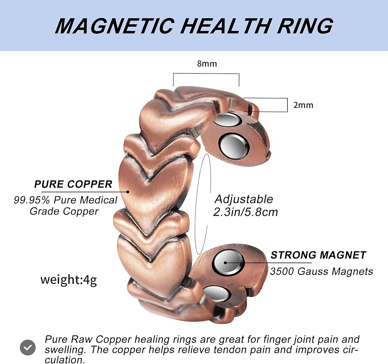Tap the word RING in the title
coord(305,26)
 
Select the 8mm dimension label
coord(207,64)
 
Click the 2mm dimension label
coord(303,105)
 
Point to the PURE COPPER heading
coord(73,184)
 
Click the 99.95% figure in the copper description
coord(32,200)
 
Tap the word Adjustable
coord(244,199)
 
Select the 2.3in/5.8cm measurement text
coord(246,212)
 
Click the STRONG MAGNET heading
coord(318,255)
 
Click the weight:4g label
coord(69,280)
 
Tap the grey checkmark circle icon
coord(28,347)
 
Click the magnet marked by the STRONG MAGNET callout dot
coord(229,262)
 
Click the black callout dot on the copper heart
coord(128,192)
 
